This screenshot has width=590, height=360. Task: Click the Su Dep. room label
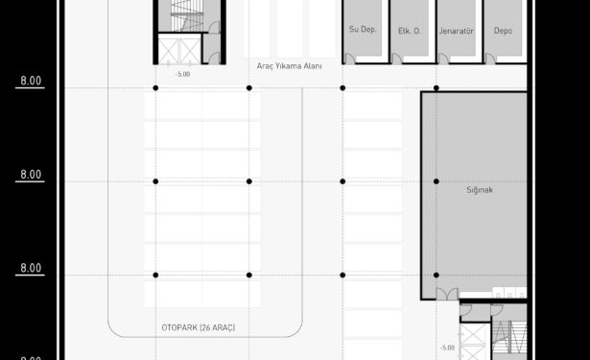tap(363, 30)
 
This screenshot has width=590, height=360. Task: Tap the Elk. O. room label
tap(410, 31)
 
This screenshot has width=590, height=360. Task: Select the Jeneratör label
tap(456, 31)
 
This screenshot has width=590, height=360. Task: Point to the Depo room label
tap(503, 31)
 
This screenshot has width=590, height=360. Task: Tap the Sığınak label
tap(480, 190)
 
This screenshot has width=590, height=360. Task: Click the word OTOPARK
tap(179, 327)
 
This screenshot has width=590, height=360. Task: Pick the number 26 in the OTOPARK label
tap(206, 327)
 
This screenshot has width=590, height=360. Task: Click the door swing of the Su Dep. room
tap(350, 59)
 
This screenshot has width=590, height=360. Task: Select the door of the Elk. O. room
tap(396, 59)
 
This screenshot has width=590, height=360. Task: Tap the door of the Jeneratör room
tap(443, 59)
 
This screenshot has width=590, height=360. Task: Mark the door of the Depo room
tap(490, 59)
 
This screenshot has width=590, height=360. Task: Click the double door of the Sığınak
tap(447, 294)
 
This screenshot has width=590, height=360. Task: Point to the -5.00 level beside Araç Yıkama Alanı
tap(183, 74)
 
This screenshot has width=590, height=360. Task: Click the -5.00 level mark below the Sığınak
tap(447, 348)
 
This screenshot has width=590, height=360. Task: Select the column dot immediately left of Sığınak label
tap(437, 181)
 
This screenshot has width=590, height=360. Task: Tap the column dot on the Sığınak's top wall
tap(437, 88)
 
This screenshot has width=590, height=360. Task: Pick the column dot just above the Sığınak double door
tap(437, 276)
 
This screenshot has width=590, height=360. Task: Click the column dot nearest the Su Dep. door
tap(342, 88)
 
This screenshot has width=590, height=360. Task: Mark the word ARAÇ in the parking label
tap(223, 327)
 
